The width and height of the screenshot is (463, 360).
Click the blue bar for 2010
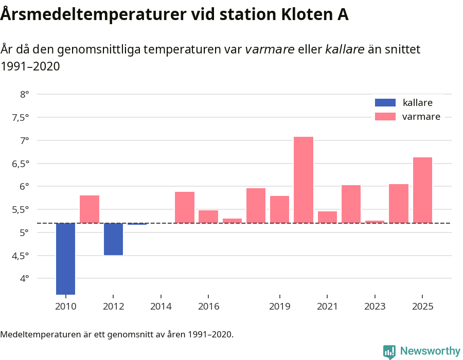click(x=65, y=259)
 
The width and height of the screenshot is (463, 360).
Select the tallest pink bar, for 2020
click(x=304, y=180)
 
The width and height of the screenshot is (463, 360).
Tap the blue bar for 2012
click(x=113, y=239)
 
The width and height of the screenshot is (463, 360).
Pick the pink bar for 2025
click(x=422, y=190)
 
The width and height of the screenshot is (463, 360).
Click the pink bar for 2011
click(x=90, y=209)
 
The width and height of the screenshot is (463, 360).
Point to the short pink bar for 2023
click(x=375, y=222)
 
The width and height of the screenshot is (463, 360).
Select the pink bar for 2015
click(x=185, y=208)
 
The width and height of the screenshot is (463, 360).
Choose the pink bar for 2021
click(x=327, y=217)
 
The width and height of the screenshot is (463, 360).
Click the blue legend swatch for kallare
click(x=385, y=102)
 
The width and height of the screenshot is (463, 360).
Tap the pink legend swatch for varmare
click(x=385, y=117)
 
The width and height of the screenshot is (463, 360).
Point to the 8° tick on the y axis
click(x=24, y=94)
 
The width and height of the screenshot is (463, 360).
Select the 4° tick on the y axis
click(x=24, y=279)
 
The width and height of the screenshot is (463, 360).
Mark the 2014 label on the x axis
click(x=161, y=307)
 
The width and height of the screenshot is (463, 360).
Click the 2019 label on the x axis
click(x=279, y=307)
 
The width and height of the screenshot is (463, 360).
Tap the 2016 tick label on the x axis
click(x=208, y=307)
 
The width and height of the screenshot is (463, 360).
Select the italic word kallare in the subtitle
click(x=345, y=49)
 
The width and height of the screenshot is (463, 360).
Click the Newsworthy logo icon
click(x=389, y=351)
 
